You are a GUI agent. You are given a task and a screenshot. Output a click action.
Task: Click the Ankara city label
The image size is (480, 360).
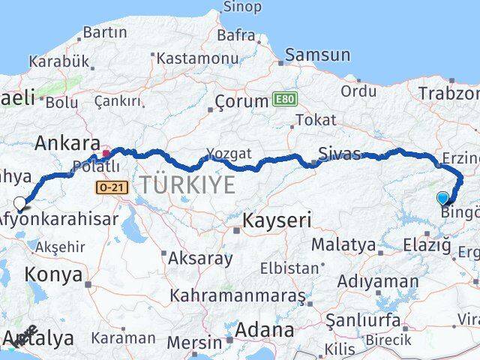67,142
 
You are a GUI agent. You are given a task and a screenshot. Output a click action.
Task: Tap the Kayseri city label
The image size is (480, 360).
277,220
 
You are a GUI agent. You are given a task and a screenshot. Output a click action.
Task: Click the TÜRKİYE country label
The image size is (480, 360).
184,184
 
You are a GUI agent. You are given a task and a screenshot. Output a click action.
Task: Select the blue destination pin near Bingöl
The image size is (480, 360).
442,198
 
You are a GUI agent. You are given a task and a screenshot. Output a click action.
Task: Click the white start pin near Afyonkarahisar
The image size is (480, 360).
20,202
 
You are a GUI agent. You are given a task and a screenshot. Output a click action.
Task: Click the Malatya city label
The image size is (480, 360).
343,244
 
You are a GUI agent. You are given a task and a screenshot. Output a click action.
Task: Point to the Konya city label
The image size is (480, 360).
53,274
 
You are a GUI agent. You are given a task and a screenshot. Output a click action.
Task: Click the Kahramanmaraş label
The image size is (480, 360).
237,295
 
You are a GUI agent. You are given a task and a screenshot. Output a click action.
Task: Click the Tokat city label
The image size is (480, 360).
316,120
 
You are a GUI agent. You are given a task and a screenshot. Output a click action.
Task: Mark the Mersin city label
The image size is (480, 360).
195,342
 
